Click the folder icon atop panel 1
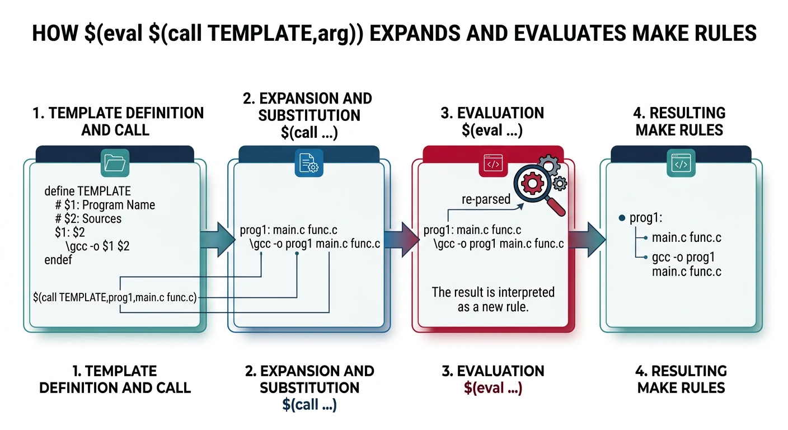tap(115, 163)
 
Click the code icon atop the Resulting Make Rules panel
tap(681, 164)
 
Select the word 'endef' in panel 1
tap(58, 260)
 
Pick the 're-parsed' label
tap(486, 199)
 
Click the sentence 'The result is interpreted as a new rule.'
tap(493, 299)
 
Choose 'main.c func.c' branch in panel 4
tap(686, 237)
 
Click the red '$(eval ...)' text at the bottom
tap(493, 387)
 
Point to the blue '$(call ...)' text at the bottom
tap(309, 405)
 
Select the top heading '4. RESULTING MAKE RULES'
tap(679, 121)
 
